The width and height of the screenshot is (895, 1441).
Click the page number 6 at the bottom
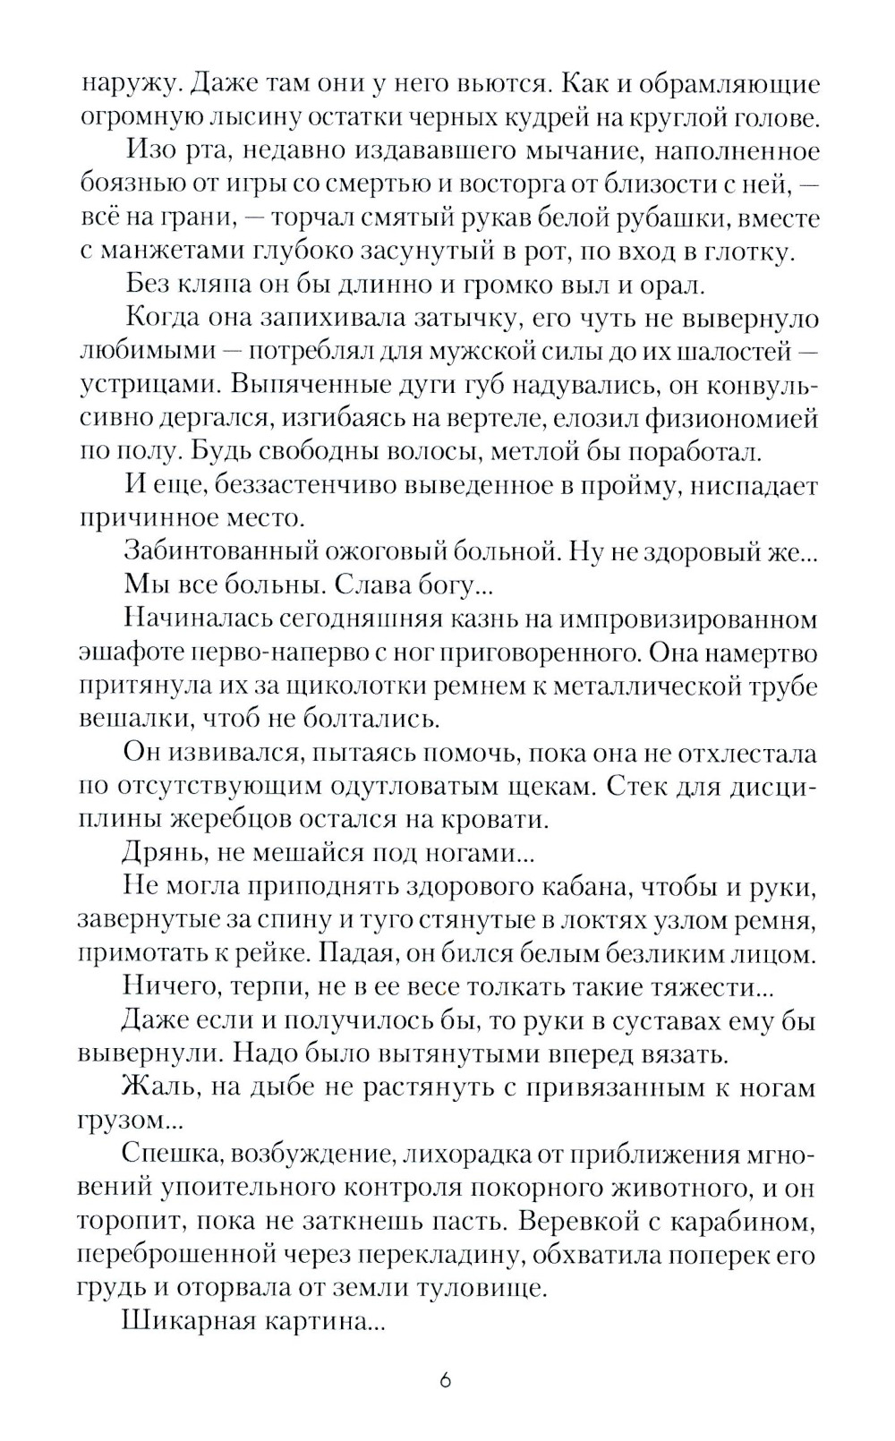[446, 1379]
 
